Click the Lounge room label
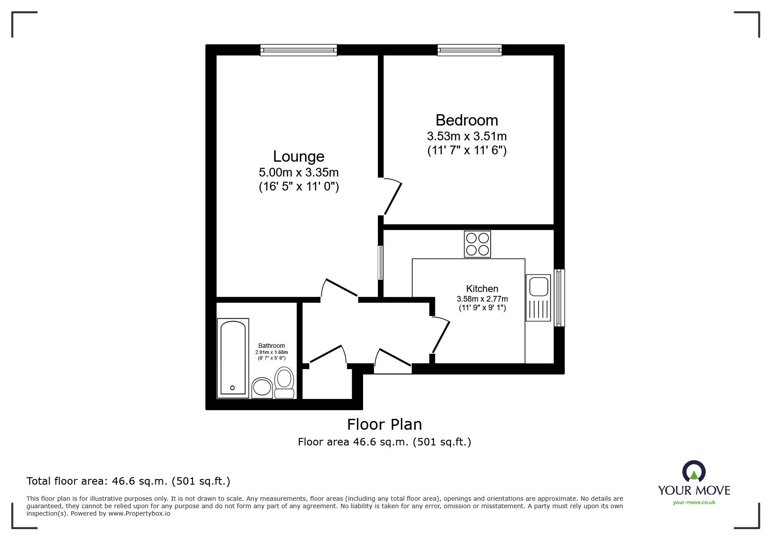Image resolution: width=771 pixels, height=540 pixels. [299, 156]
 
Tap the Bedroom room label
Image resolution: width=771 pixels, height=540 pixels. [467, 120]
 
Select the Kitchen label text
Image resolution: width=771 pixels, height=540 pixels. [482, 289]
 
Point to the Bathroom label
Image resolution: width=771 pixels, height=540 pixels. [272, 346]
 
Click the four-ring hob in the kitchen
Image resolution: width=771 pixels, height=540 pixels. [478, 244]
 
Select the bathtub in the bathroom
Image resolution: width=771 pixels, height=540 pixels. [233, 358]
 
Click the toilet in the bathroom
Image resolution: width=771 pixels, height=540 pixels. [284, 382]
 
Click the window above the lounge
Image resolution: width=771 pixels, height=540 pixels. [299, 50]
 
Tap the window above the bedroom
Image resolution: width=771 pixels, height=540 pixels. [470, 50]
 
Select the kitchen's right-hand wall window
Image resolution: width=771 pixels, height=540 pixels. [559, 298]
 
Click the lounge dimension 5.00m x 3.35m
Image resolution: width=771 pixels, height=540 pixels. [299, 173]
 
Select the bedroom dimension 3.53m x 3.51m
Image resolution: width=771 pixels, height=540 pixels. [467, 136]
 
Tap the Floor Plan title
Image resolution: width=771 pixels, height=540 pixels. [384, 424]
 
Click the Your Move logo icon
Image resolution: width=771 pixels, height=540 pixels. [694, 472]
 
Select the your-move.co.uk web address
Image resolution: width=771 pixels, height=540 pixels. [694, 503]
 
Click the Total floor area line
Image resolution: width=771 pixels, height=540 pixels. [128, 481]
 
